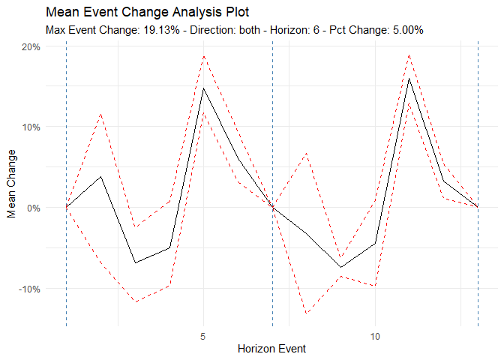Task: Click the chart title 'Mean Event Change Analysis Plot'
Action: (x=147, y=13)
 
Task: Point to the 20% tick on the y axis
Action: (x=31, y=46)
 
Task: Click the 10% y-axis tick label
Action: (x=31, y=127)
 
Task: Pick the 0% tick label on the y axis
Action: (x=34, y=208)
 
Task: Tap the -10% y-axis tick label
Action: (x=29, y=289)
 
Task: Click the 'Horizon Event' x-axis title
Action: (x=271, y=349)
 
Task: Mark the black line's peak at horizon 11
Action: (x=409, y=79)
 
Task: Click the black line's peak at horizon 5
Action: (x=204, y=88)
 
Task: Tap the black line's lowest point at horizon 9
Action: (x=340, y=268)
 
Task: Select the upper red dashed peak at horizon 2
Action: (x=101, y=114)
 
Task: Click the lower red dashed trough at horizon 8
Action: (x=307, y=313)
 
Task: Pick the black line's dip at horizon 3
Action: (x=135, y=262)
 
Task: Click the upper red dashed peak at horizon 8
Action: (x=307, y=153)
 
